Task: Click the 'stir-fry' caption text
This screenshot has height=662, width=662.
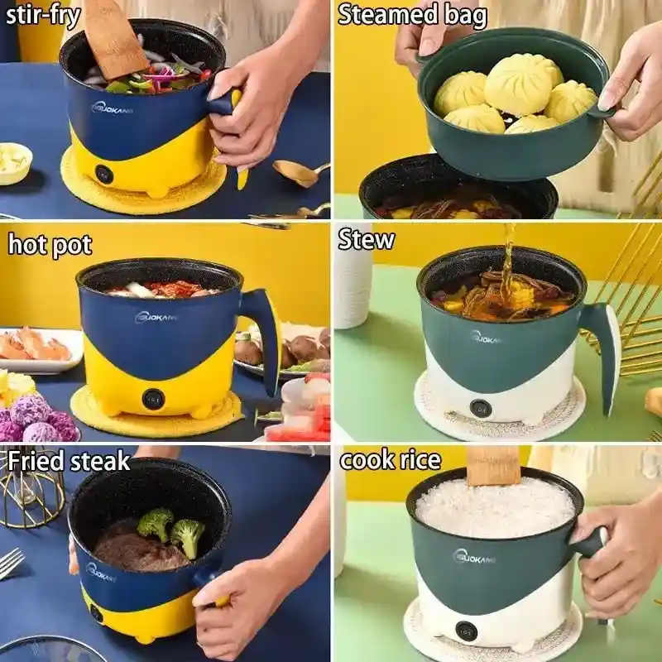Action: pos(43,15)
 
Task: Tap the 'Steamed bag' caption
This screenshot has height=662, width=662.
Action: pos(412,16)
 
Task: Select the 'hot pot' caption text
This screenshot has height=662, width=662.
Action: pos(50,245)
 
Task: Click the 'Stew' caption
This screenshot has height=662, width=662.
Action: pos(367,240)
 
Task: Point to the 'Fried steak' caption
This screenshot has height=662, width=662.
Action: pos(69,461)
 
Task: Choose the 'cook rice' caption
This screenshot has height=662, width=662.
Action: pos(391,460)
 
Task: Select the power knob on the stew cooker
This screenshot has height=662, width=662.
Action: pos(481,407)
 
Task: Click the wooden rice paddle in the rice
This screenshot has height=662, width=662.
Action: pos(493,465)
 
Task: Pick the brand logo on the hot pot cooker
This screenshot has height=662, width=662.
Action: pos(156,317)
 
